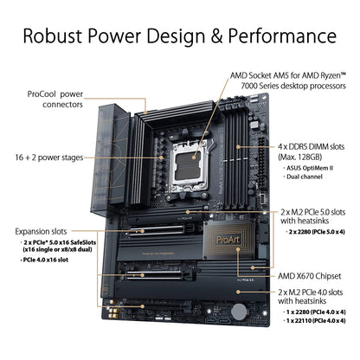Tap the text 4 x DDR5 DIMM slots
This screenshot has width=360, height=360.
click(299, 148)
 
